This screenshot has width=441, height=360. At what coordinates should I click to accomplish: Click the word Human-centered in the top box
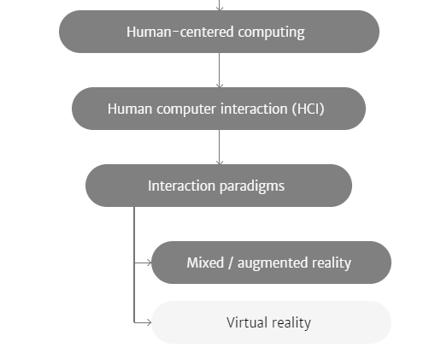[180, 32]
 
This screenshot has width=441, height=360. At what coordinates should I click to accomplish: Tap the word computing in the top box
[272, 32]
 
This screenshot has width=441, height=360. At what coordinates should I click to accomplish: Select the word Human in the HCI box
[130, 109]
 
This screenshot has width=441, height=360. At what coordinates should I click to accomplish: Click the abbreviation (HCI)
[308, 109]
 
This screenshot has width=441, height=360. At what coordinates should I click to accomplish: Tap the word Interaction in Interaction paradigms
[181, 186]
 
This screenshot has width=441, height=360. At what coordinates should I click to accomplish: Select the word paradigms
[252, 186]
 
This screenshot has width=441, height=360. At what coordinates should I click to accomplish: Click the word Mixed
[205, 263]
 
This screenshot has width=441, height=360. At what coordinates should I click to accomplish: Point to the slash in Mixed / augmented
[231, 263]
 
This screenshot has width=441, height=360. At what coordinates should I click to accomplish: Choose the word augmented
[273, 263]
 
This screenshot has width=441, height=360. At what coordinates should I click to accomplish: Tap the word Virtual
[247, 322]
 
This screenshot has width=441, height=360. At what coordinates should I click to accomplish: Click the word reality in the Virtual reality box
[291, 323]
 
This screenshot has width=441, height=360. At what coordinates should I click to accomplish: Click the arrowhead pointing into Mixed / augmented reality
[150, 263]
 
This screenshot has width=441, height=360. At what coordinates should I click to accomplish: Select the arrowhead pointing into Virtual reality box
[150, 322]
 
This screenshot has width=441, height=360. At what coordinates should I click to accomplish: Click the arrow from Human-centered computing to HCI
[220, 70]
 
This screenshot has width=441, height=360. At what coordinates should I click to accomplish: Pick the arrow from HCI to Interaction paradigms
[220, 147]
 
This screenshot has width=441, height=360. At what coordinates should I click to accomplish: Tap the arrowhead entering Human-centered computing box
[220, 9]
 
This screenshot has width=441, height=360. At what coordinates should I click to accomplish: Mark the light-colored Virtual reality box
[271, 322]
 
